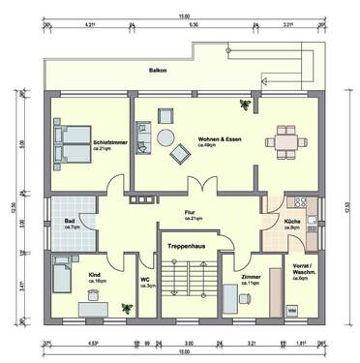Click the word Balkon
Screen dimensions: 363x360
pyautogui.click(x=156, y=71)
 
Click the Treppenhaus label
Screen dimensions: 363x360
pyautogui.click(x=183, y=245)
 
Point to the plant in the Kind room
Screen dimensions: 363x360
pyautogui.click(x=124, y=308)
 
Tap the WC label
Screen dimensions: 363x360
pyautogui.click(x=145, y=282)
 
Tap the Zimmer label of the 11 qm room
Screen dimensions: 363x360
pyautogui.click(x=250, y=277)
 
